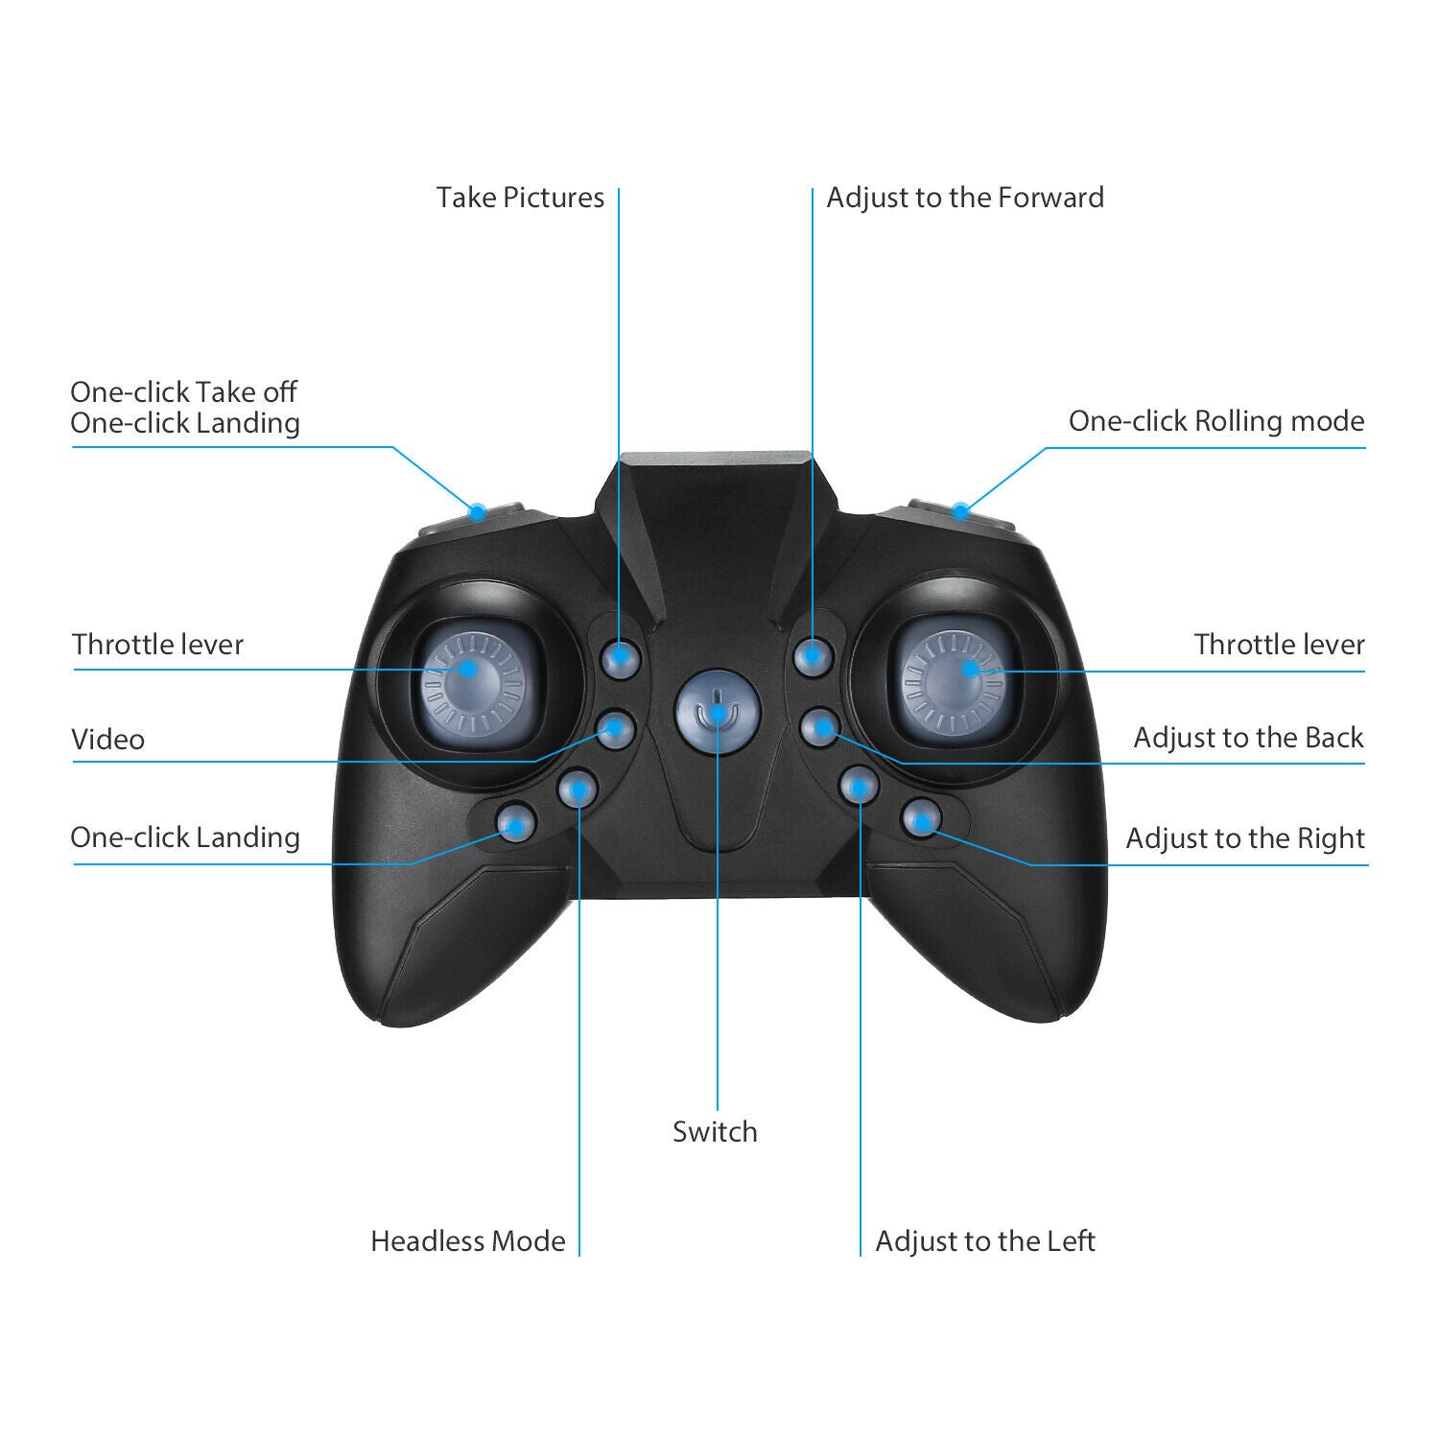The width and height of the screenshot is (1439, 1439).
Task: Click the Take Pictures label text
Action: click(x=520, y=198)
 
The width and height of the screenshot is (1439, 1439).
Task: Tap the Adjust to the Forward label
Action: click(x=965, y=198)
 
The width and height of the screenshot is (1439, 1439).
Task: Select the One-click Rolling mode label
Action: click(x=1215, y=421)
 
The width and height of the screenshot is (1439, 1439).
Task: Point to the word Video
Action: click(x=108, y=740)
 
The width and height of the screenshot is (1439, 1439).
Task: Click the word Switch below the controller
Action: click(x=715, y=1132)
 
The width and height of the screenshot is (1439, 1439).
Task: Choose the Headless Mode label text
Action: click(x=468, y=1241)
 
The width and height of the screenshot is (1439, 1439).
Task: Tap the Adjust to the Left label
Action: click(x=985, y=1241)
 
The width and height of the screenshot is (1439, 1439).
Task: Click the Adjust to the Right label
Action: click(x=1244, y=838)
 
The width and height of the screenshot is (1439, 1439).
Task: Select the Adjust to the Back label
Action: click(x=1248, y=738)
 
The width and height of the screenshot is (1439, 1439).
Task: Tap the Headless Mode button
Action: click(x=578, y=789)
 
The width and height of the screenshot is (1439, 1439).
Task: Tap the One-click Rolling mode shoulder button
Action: click(x=959, y=510)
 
